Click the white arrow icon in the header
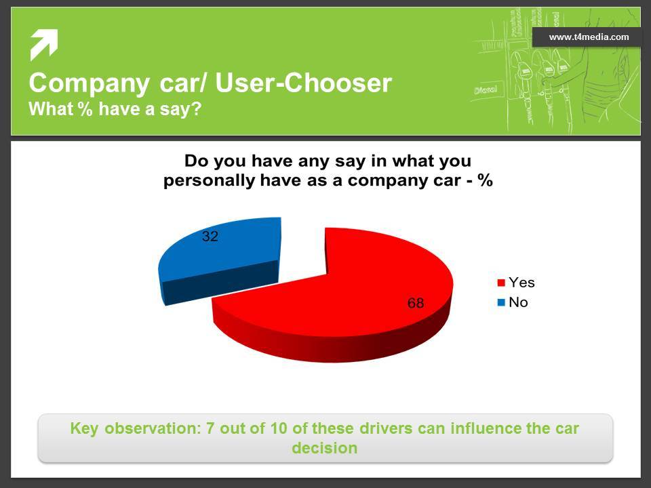pyautogui.click(x=43, y=45)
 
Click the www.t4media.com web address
pyautogui.click(x=589, y=37)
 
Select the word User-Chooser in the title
pyautogui.click(x=304, y=83)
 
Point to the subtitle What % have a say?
pyautogui.click(x=115, y=109)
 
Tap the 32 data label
pyautogui.click(x=210, y=237)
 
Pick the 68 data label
pyautogui.click(x=416, y=303)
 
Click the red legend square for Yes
pyautogui.click(x=501, y=283)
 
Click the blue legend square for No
pyautogui.click(x=501, y=302)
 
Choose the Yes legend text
pyautogui.click(x=521, y=283)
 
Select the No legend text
pyautogui.click(x=518, y=302)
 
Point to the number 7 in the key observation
pyautogui.click(x=210, y=428)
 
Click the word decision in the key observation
pyautogui.click(x=325, y=448)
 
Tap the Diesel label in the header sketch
pyautogui.click(x=486, y=89)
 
